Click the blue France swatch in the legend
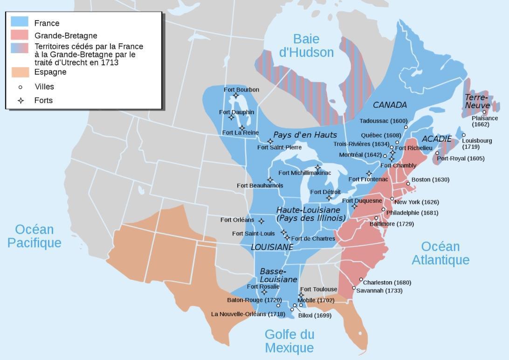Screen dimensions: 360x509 [20, 22]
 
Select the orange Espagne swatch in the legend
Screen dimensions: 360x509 [20, 72]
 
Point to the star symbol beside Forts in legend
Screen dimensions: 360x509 [20, 100]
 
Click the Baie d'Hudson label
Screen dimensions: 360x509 [306, 45]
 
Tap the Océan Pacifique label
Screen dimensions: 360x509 [34, 236]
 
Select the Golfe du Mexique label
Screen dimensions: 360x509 [289, 341]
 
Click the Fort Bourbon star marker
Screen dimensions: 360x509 [236, 96]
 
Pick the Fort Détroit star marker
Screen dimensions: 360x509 [329, 198]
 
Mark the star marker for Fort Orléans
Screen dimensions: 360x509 [261, 221]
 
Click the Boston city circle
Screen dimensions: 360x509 [408, 184]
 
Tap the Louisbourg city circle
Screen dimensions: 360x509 [463, 135]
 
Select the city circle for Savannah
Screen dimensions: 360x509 [354, 288]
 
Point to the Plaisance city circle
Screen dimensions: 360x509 [484, 112]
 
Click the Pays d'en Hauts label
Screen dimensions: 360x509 [305, 135]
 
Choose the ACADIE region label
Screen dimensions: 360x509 [436, 139]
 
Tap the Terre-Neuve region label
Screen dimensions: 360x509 [476, 101]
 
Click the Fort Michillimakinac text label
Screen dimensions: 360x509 [304, 173]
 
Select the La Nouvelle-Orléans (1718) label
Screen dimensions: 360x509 [248, 314]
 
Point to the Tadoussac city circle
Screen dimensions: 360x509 [406, 127]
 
